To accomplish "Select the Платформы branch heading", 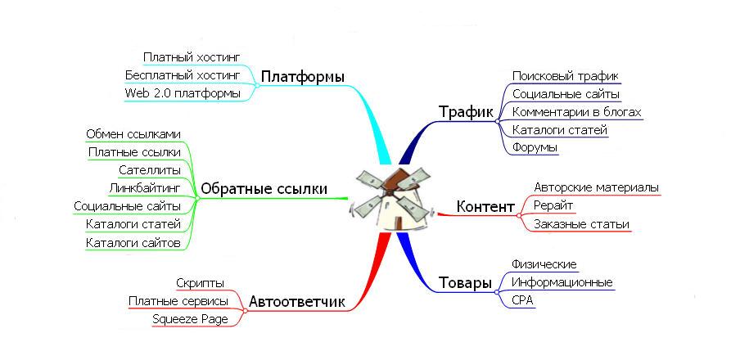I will point(302,77).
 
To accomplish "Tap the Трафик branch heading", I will point(466,111).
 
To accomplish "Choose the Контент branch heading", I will point(485,206).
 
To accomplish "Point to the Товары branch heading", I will point(466,283).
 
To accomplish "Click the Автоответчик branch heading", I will point(296,302).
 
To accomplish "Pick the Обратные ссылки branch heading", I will point(264,190).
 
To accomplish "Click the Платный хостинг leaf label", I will point(192,57).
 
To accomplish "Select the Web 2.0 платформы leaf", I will point(183,92).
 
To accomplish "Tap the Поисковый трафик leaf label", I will point(566,76).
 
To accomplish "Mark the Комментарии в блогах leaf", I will point(576,112).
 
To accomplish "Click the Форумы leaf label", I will point(535,148).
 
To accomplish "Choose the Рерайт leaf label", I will point(553,205).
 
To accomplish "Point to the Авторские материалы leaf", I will point(596,187).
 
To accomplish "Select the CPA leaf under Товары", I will point(522,300).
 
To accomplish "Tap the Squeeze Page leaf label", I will point(190,319).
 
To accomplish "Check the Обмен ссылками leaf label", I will point(133,133).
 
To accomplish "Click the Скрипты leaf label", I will point(200,283).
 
